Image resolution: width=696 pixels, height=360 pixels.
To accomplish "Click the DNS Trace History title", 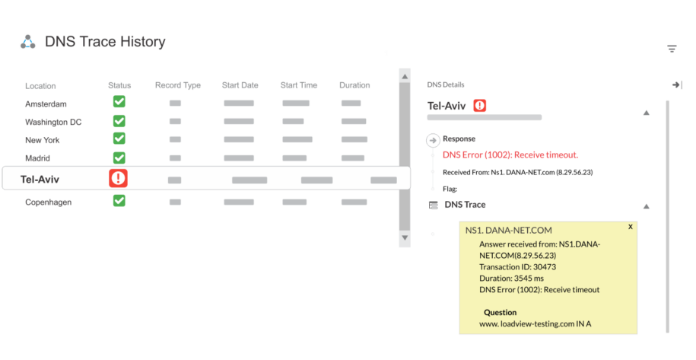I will coord(105,42).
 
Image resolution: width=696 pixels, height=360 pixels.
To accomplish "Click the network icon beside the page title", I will coord(28,42).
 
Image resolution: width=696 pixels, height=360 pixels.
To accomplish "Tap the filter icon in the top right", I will coord(672,49).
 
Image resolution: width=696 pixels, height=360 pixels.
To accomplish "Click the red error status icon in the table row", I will coord(118,178).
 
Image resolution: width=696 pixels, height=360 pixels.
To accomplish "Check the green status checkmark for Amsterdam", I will coord(119,102).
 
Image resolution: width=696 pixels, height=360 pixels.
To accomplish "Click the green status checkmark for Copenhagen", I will coord(119,201).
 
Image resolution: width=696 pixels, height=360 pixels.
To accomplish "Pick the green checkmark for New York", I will coord(119,139).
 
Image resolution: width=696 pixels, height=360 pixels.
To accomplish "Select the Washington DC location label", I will coord(54,122).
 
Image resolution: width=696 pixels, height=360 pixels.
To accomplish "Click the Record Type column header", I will coord(178,85).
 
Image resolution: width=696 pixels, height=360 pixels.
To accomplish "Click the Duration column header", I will coord(354,85).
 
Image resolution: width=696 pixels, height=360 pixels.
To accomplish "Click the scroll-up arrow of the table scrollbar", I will coord(405,75).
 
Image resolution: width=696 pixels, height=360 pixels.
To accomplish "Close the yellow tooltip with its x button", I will coord(630,227).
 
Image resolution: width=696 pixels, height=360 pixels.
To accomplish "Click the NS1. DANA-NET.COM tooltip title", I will coord(508,230).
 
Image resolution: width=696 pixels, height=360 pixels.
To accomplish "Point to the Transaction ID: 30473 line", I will coord(517,266).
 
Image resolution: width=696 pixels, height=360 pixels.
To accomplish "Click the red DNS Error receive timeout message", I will coord(510,155).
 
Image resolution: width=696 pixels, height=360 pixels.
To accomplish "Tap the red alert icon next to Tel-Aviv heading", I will coord(480,106).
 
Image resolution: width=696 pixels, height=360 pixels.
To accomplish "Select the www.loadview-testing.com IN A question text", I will coord(535,324).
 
